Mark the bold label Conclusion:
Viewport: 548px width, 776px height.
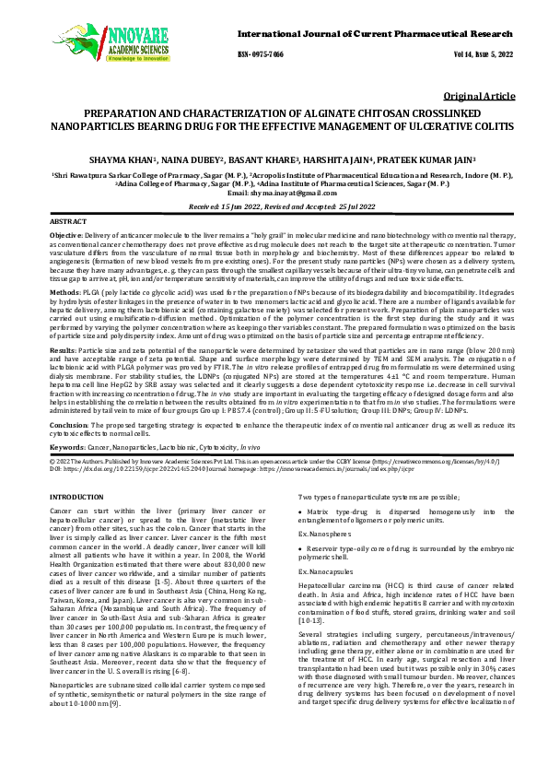coord(70,451)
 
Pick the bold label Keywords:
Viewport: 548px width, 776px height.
coord(68,471)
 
